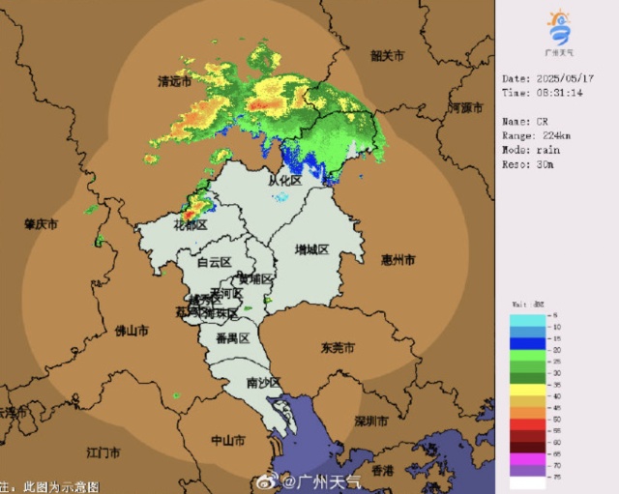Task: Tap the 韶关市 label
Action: (389, 56)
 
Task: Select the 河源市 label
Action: (466, 108)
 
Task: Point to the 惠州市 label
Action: (398, 260)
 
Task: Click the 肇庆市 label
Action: (41, 223)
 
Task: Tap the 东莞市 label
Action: (339, 347)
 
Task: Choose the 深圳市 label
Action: (371, 422)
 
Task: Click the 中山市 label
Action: (227, 440)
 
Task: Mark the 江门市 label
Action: (103, 452)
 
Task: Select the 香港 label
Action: (383, 471)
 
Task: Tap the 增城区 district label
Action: (311, 249)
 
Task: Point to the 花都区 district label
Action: (191, 224)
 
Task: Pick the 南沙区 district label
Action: (263, 383)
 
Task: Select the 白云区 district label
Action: (214, 262)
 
